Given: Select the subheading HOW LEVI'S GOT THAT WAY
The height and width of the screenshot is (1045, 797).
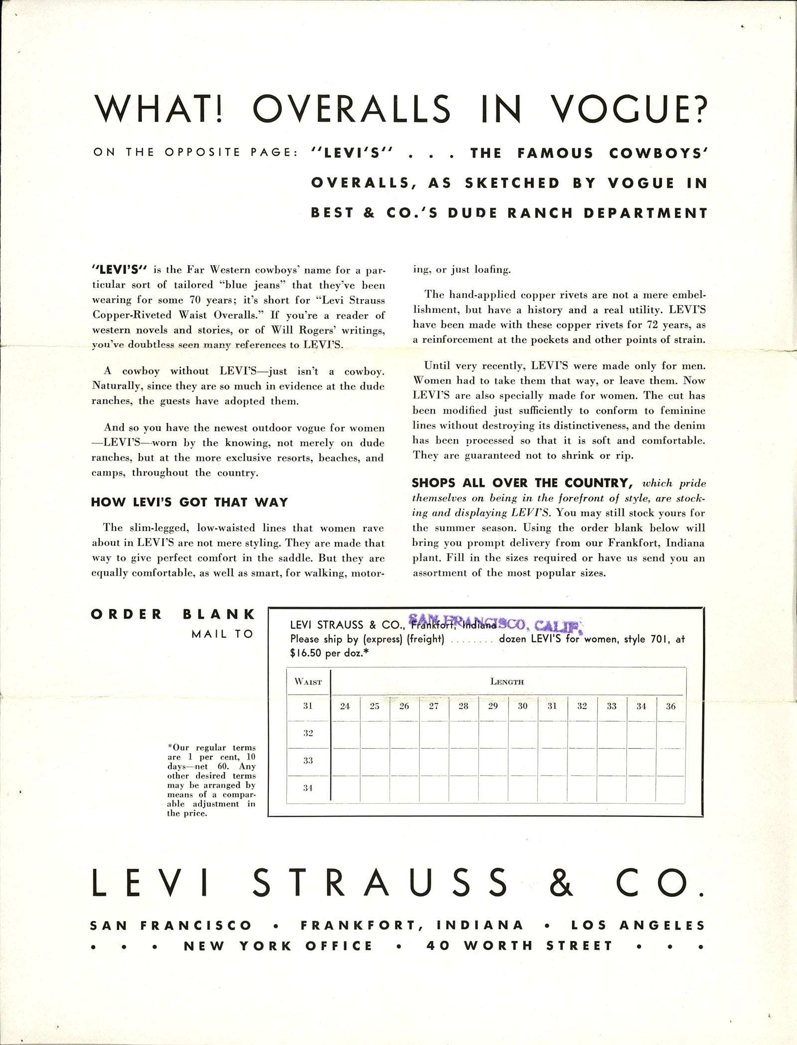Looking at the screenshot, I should (189, 502).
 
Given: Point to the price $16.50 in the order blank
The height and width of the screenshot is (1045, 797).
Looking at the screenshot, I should (307, 653).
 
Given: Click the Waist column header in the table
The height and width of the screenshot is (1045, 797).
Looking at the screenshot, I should (308, 681).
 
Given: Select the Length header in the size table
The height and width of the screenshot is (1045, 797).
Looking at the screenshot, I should (507, 681).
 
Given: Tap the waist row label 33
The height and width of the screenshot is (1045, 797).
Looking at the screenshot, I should (308, 760).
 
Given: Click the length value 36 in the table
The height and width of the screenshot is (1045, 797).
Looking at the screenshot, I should (670, 706).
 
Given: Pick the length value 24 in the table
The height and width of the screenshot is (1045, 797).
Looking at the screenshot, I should (345, 706).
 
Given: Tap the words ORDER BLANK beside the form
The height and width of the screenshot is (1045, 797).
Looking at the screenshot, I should (173, 614).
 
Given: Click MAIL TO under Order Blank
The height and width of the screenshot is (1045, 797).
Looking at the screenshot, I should (222, 634).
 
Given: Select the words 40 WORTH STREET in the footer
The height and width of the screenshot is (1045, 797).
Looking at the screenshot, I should (519, 945).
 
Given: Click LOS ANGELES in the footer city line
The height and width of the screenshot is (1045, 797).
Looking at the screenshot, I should (639, 925).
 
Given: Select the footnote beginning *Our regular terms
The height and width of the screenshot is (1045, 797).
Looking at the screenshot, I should (212, 780).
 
